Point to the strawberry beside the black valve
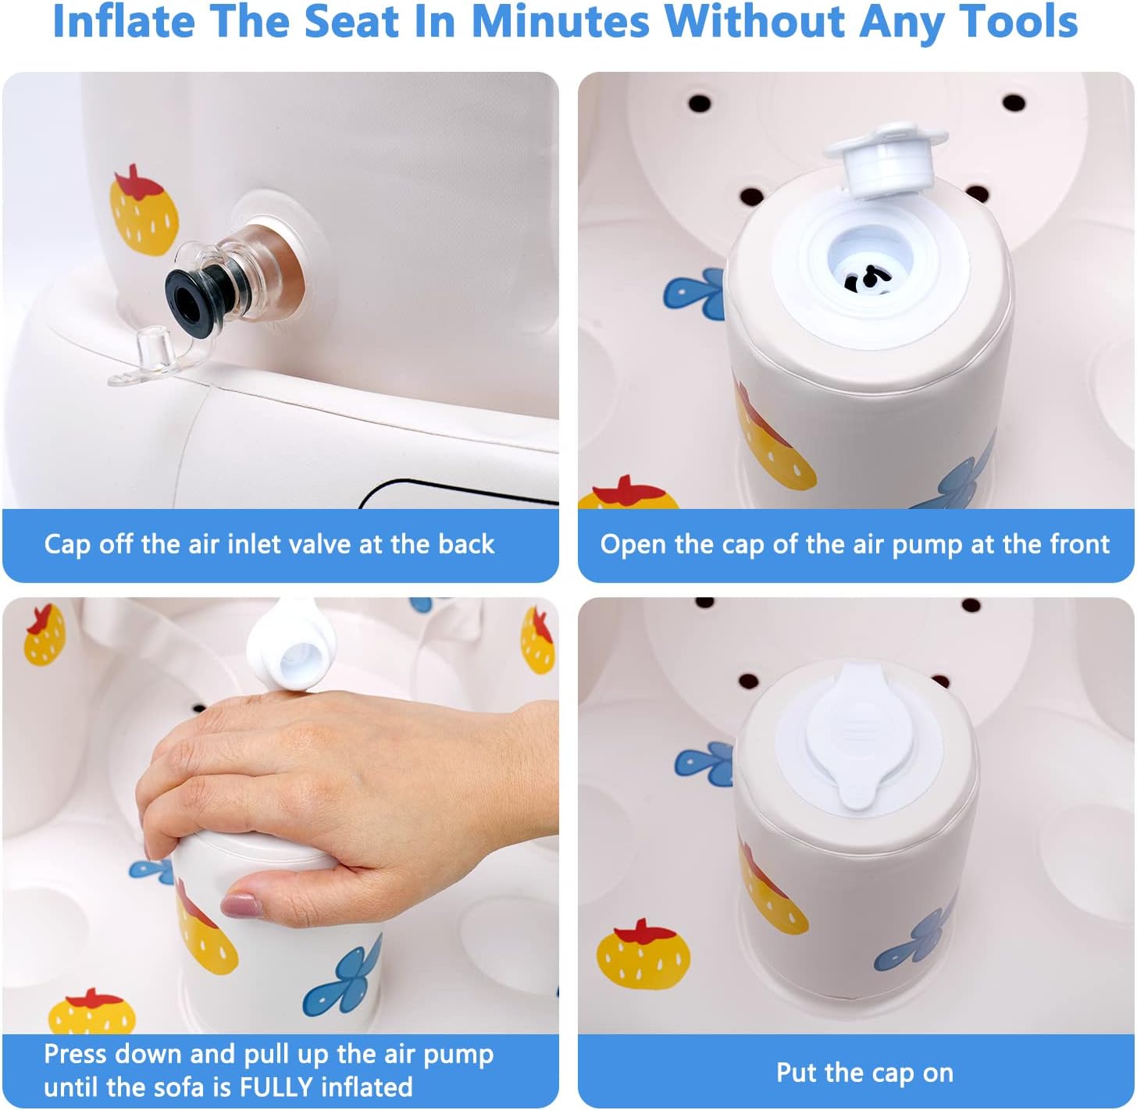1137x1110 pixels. click(143, 210)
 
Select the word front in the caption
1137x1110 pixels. click(1080, 543)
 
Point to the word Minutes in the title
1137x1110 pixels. click(561, 21)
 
